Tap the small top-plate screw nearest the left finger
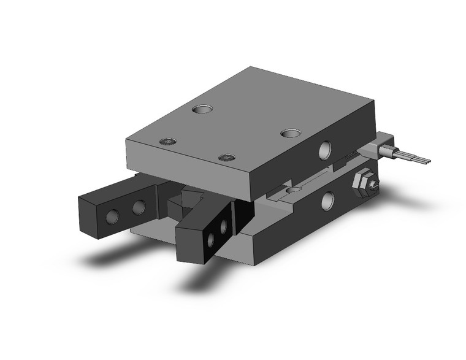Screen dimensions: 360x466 [169, 142]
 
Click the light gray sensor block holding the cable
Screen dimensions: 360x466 [372, 147]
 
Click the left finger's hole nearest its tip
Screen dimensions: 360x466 [113, 216]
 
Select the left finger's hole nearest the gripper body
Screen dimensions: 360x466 [140, 207]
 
